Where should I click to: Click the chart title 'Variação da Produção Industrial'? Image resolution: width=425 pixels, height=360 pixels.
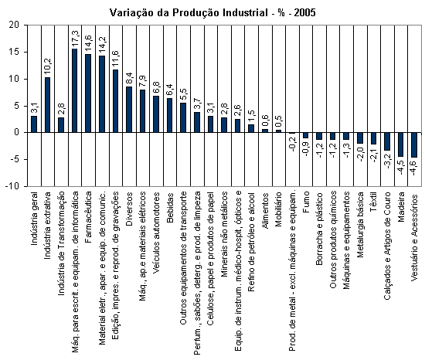click(189, 12)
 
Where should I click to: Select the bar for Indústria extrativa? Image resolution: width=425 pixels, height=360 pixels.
click(48, 105)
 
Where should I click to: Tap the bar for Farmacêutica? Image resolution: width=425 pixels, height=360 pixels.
click(88, 93)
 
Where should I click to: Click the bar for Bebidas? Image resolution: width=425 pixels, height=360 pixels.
click(170, 115)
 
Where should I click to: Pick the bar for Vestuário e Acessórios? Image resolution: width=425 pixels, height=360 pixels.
click(414, 145)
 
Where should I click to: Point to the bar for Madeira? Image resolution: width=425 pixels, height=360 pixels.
click(400, 144)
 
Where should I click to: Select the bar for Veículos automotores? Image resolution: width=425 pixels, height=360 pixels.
click(156, 114)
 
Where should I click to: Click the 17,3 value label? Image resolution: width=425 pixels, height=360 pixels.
click(75, 39)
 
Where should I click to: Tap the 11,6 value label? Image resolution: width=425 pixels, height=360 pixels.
click(115, 59)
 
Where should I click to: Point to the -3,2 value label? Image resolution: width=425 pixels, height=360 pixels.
click(387, 161)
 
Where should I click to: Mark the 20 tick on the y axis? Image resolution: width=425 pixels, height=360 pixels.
click(15, 25)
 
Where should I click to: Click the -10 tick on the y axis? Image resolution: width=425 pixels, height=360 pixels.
click(12, 186)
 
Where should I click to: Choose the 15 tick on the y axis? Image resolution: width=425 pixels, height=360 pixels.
click(15, 52)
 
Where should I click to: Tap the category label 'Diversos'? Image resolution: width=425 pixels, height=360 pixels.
click(129, 209)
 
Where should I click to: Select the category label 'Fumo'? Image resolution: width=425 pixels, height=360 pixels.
click(306, 202)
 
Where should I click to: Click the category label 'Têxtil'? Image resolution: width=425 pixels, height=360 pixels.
click(374, 202)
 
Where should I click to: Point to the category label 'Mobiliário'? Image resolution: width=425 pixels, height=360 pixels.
click(279, 209)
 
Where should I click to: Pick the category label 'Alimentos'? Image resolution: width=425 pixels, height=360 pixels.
click(265, 210)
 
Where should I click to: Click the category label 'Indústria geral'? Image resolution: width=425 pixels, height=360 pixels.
click(34, 219)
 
